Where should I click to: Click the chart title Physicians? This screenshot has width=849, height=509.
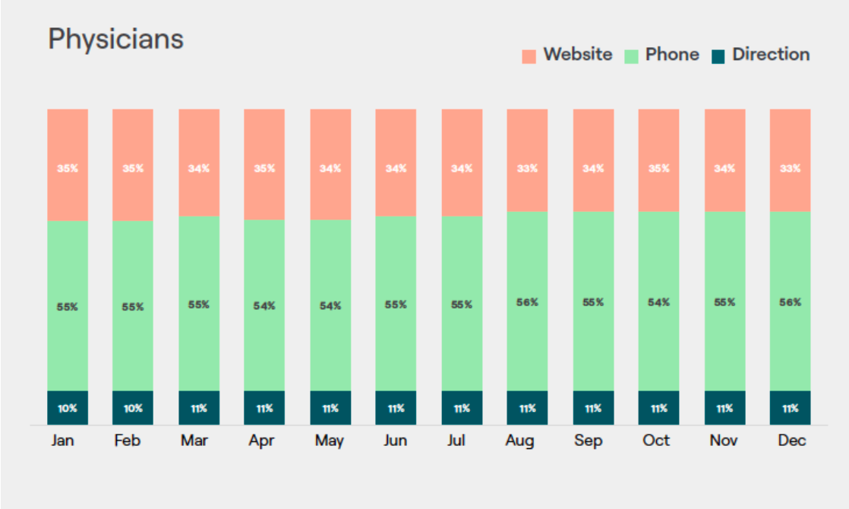point(115,39)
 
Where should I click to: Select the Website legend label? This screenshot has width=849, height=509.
point(577,55)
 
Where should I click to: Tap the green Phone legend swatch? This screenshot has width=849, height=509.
point(631,55)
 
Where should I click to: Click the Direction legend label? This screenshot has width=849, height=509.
point(770,55)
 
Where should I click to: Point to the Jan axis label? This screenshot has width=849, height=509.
point(63,441)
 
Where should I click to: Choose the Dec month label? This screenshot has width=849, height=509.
point(792,441)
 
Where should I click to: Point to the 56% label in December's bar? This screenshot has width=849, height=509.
point(791,302)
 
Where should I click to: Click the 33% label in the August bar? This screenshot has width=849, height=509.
point(527,169)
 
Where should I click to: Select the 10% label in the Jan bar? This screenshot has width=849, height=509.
point(68,409)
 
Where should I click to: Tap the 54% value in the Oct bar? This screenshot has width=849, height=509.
point(658,302)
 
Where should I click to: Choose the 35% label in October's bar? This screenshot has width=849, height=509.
point(658,169)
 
